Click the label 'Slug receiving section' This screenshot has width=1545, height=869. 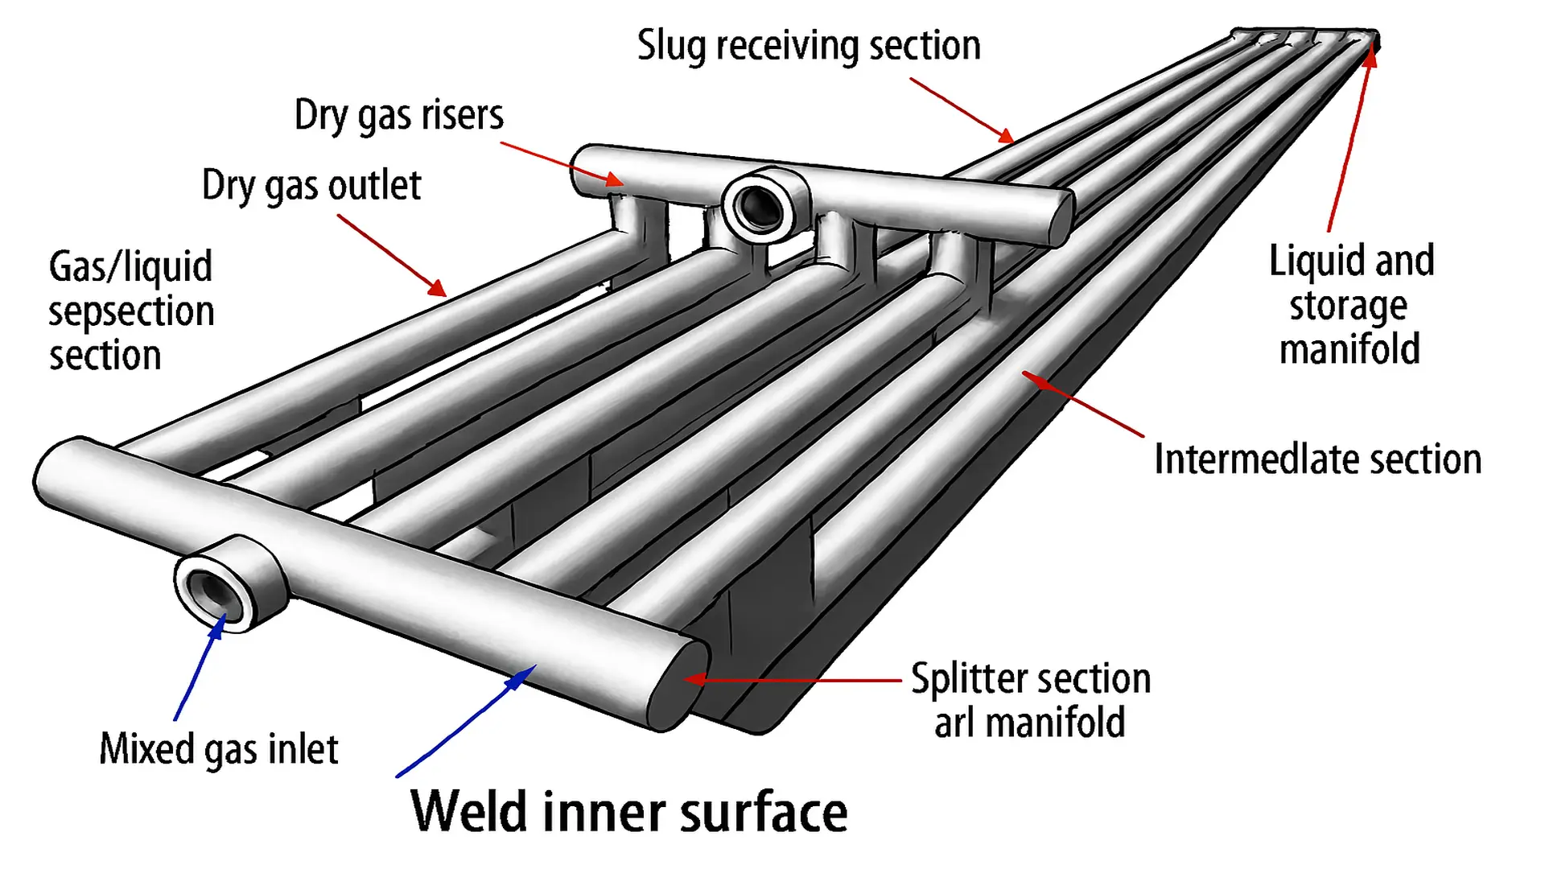tap(809, 46)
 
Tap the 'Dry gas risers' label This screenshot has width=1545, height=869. tap(399, 115)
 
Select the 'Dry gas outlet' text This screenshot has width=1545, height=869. tap(311, 186)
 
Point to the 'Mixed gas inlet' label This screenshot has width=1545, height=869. tap(219, 749)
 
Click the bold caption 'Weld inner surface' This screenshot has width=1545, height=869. tap(629, 811)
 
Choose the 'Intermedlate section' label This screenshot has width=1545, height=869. tap(1317, 459)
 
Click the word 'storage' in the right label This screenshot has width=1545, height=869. tap(1349, 306)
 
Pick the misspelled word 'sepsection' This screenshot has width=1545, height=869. tap(131, 311)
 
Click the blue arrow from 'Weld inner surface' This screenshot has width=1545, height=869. tap(467, 721)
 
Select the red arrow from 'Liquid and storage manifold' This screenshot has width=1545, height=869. tap(1350, 137)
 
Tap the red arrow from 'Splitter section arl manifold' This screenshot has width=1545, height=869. tap(793, 680)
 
